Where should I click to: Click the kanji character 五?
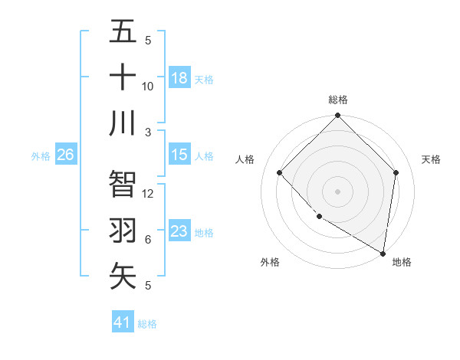tap(123, 32)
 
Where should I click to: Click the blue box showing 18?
tap(179, 78)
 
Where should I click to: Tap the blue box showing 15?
tap(179, 155)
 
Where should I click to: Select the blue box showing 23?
tap(179, 231)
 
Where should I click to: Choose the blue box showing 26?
tap(65, 155)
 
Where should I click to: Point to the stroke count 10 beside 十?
tap(148, 86)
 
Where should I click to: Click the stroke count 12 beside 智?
tap(148, 194)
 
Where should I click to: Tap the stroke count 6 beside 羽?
tap(148, 240)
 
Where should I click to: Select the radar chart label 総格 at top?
tap(337, 100)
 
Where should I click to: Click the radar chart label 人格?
tap(245, 159)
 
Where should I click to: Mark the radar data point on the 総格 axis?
tap(337, 116)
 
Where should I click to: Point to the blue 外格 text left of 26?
tap(41, 155)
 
